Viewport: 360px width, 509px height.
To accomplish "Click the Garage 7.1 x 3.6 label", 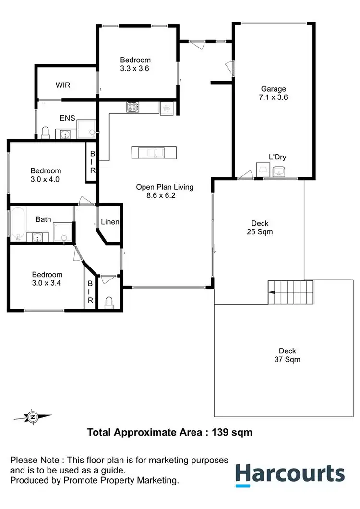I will [274, 93].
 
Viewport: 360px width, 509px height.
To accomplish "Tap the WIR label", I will [63, 85].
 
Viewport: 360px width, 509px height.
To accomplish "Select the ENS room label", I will [66, 118].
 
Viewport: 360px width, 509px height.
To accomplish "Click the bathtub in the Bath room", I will [18, 223].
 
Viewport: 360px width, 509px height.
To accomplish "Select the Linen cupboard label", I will [110, 222].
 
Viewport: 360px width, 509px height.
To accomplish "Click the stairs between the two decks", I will [290, 292].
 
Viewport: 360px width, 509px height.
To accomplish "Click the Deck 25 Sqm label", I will [260, 228].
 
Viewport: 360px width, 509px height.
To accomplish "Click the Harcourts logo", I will [289, 473].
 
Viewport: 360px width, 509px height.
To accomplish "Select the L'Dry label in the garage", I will [277, 157].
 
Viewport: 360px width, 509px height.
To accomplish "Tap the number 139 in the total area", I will [220, 432].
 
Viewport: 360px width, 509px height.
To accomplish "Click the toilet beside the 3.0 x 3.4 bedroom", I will [109, 302].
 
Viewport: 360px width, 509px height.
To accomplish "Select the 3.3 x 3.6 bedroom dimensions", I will [135, 68].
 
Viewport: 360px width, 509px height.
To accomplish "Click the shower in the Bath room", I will [62, 231].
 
